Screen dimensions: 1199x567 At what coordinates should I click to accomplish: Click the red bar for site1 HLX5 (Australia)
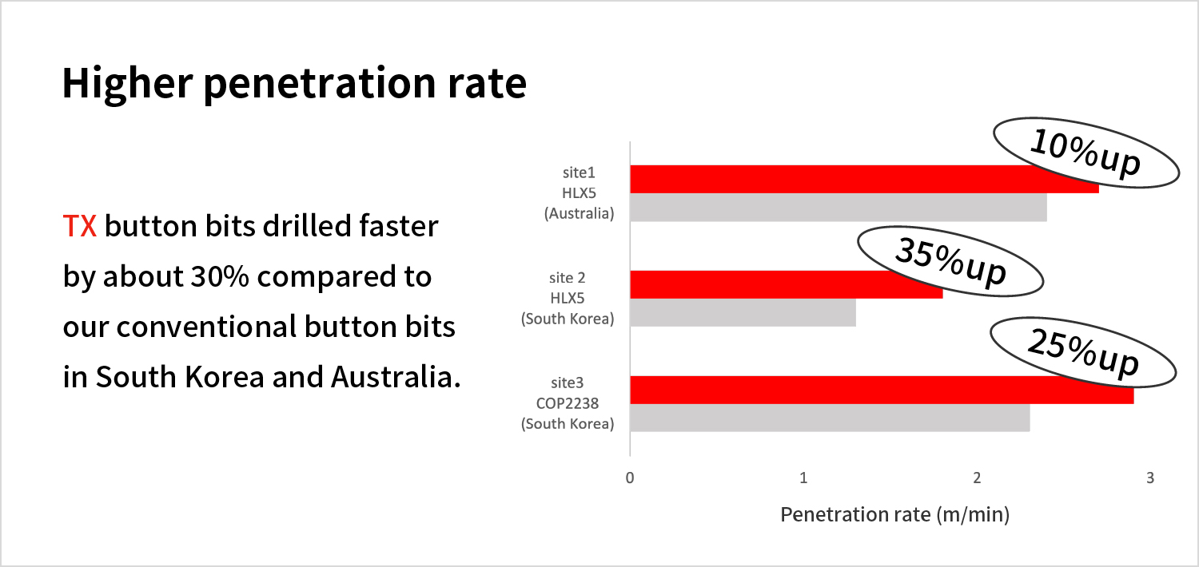(x=864, y=179)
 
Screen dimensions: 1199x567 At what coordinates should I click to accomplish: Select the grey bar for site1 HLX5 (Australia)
(x=839, y=208)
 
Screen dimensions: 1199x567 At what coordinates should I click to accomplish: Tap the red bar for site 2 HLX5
(x=787, y=284)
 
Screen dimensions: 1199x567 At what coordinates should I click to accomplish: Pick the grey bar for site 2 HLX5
(x=743, y=312)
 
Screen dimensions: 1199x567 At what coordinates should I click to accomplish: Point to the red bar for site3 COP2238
(x=882, y=390)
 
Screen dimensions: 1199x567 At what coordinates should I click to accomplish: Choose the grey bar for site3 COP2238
(x=831, y=418)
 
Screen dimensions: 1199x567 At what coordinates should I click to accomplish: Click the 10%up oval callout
(x=1086, y=153)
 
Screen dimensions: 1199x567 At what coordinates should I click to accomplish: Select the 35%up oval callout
(x=950, y=261)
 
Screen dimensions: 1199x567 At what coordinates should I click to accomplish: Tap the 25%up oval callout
(x=1083, y=352)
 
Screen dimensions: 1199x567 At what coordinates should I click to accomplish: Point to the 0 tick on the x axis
(x=630, y=478)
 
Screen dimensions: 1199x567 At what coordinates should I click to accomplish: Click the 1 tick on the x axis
(x=803, y=478)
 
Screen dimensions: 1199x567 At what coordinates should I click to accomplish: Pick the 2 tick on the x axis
(x=977, y=478)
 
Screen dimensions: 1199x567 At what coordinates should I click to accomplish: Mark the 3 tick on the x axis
(x=1150, y=478)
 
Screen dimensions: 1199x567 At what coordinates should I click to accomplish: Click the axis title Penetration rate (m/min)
(x=895, y=514)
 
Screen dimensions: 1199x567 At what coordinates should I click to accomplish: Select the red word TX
(x=80, y=226)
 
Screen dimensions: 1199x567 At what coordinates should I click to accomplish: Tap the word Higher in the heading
(x=127, y=83)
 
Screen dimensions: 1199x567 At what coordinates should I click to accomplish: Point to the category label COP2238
(x=568, y=403)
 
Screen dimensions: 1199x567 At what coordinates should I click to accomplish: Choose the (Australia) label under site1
(x=580, y=214)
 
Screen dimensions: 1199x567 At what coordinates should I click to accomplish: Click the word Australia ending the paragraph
(x=396, y=377)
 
